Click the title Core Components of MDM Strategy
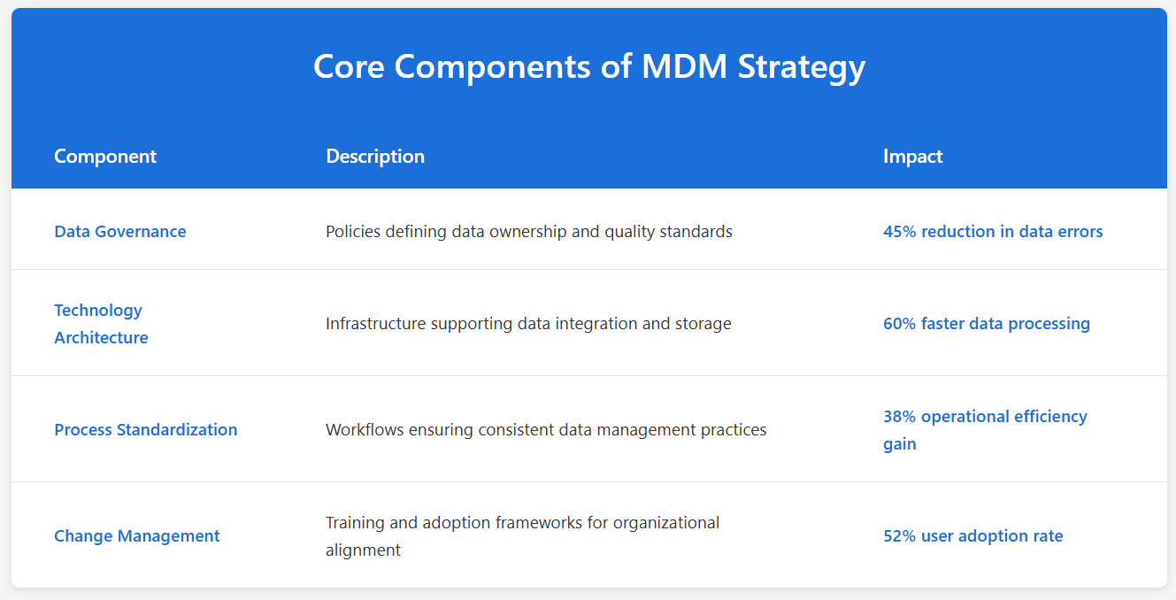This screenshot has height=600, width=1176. (588, 67)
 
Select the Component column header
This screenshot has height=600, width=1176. (105, 157)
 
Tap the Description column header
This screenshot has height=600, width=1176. (375, 157)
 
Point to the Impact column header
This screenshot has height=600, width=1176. (912, 157)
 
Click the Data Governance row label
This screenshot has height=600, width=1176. (120, 232)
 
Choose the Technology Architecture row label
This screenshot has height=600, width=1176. (101, 324)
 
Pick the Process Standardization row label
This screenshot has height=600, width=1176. (146, 430)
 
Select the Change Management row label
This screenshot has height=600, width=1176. (137, 536)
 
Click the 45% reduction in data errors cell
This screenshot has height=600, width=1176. (993, 232)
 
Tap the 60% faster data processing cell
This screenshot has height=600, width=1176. (986, 324)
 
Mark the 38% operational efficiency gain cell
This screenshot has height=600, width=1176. (985, 430)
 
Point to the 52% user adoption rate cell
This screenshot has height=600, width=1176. (972, 536)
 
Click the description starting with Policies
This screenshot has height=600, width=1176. (529, 232)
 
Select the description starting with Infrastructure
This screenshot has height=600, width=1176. (528, 324)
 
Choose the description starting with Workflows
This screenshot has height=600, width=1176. (546, 430)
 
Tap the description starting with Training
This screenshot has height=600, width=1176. (522, 536)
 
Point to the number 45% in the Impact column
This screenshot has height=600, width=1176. (899, 232)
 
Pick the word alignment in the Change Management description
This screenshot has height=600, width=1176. (363, 550)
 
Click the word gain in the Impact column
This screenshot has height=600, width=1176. (899, 444)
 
